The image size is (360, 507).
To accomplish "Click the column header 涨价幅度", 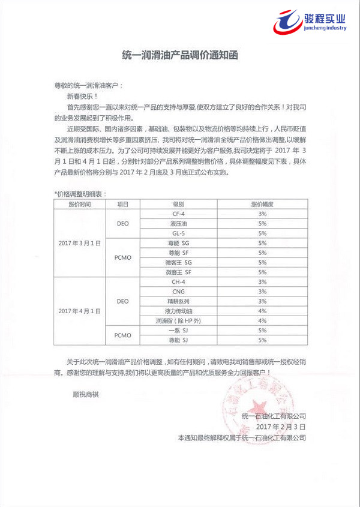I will point(262,204).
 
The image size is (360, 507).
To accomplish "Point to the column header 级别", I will point(178,204).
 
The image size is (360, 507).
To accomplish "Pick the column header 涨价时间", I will point(79,204).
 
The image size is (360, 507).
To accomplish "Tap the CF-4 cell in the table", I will point(178,214).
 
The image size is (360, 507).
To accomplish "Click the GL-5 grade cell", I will point(178,233).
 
